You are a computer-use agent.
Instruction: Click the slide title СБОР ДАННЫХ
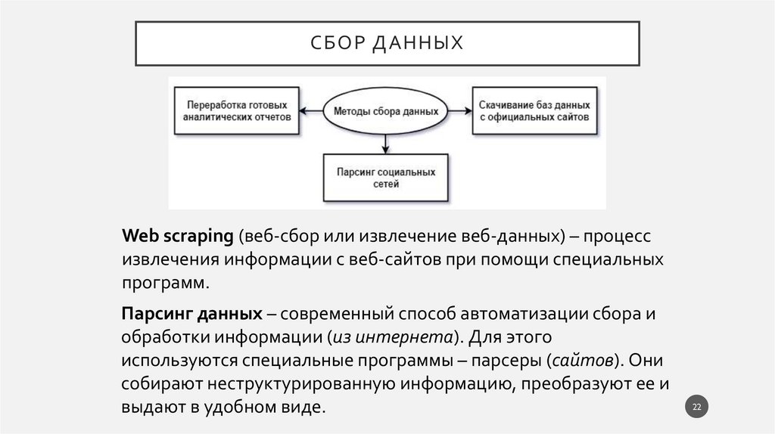[x=387, y=43]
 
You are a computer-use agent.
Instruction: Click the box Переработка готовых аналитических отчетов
[x=236, y=110]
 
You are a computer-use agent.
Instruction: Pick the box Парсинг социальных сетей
[x=386, y=178]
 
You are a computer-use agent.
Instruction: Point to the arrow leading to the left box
[x=312, y=111]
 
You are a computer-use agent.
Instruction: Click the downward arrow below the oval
[x=386, y=143]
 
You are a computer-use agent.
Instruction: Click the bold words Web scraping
[x=177, y=236]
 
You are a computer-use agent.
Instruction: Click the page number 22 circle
[x=697, y=408]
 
